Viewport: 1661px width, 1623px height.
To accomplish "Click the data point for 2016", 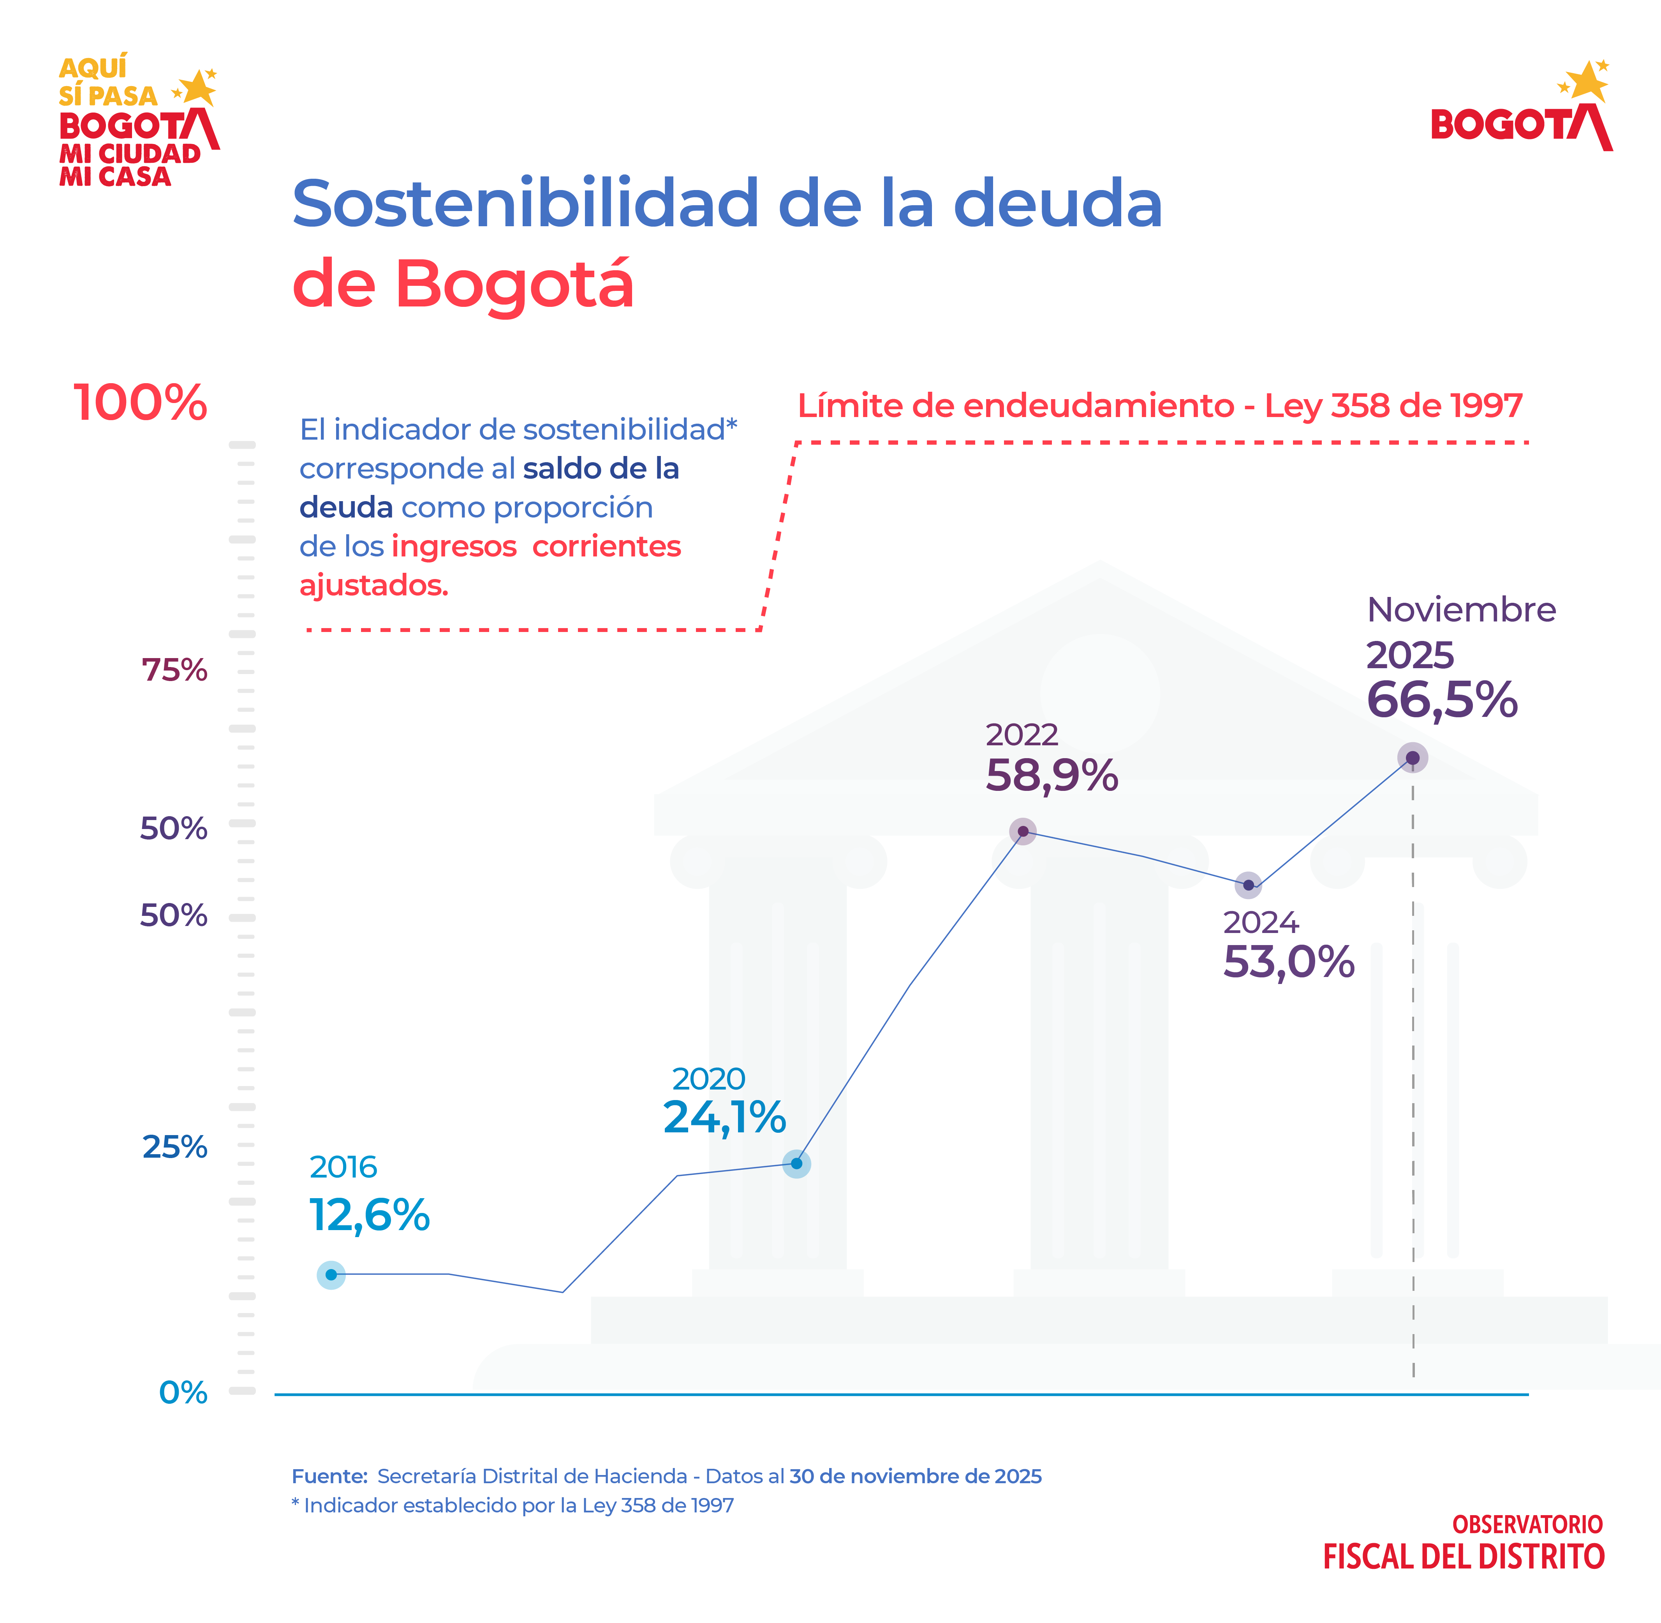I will [x=331, y=1274].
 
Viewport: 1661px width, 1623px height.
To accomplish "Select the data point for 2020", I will [x=796, y=1164].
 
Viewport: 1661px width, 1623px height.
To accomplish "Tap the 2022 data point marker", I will [x=1022, y=831].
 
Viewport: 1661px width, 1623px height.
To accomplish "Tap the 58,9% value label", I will [x=1052, y=776].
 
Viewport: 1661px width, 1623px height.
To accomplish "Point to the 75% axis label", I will [x=174, y=671].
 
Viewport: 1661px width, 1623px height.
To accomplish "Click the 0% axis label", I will [x=183, y=1393].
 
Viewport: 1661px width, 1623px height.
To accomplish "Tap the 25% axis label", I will [x=175, y=1147].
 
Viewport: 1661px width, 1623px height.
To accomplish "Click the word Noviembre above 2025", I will [x=1462, y=610].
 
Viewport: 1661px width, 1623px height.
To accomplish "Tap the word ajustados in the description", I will [x=373, y=586].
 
